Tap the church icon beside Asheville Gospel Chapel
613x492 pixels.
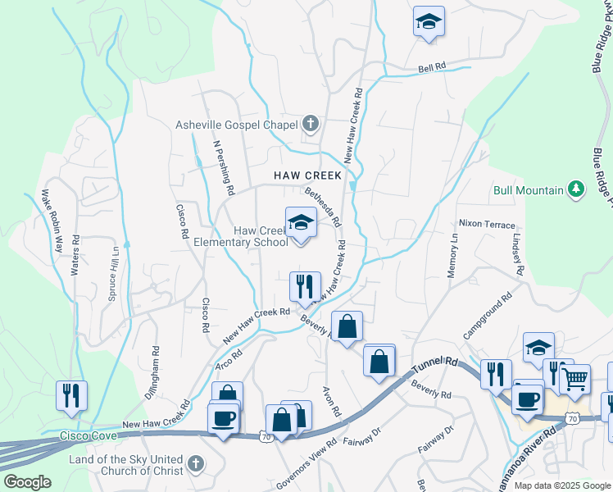310,125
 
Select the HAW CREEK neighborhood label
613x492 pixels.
308,175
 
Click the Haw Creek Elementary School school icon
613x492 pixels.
301,222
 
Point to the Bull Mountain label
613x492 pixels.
528,190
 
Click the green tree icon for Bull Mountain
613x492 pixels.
577,190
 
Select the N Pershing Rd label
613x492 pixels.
224,166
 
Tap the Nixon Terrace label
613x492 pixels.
487,224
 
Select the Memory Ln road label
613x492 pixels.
452,255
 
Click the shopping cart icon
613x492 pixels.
576,378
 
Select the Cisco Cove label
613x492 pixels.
84,437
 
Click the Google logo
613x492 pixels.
27,482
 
